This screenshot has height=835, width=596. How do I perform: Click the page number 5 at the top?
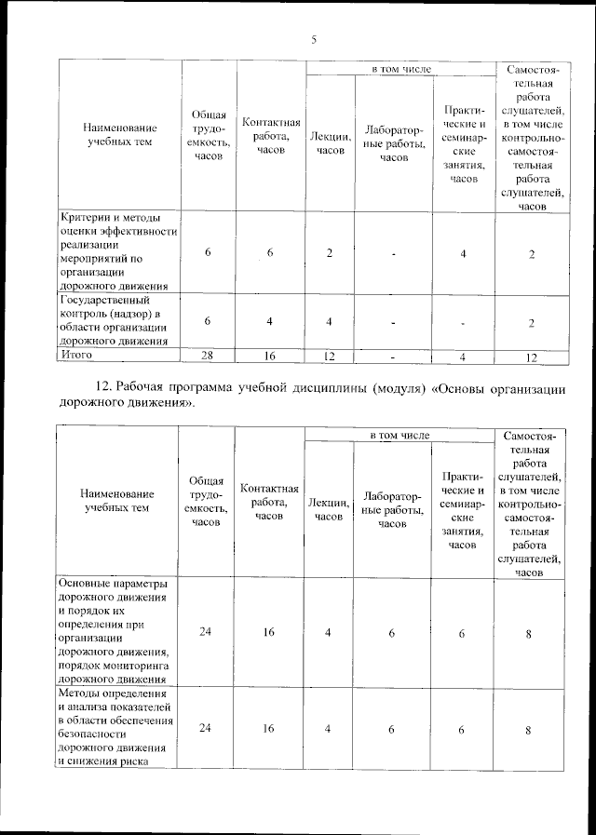(x=314, y=39)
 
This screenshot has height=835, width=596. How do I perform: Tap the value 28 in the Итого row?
(x=209, y=356)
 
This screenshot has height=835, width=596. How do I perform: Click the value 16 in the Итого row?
(x=269, y=356)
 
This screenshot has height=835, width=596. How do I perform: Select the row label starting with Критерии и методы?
(x=117, y=252)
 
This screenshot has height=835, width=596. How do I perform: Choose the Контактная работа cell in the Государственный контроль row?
(x=269, y=321)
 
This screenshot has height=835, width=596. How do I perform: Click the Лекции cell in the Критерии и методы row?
(x=330, y=253)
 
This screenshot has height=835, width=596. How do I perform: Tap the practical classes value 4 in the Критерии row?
(x=463, y=253)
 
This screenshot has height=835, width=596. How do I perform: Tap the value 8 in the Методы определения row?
(x=528, y=729)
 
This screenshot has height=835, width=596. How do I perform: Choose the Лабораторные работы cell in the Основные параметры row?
(x=393, y=633)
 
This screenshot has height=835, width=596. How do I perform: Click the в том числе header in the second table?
(x=400, y=434)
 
